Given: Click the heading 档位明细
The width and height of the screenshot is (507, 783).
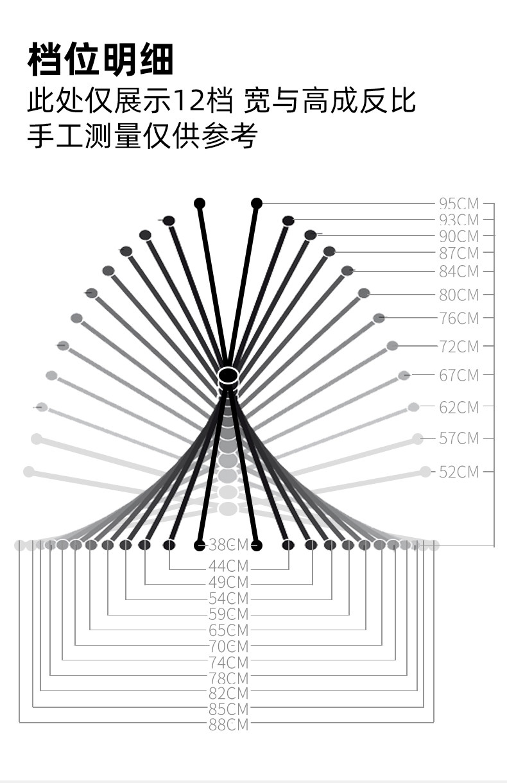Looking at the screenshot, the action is (x=101, y=60).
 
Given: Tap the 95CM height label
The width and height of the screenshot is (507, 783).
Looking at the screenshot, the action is (x=459, y=203).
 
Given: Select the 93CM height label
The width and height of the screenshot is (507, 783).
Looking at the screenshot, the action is (x=459, y=220).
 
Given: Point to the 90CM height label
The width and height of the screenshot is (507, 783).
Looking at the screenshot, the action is (x=459, y=236).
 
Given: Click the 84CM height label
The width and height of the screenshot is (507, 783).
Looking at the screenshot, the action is (x=459, y=271).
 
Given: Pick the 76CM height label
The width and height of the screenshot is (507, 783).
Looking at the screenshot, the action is (x=459, y=318).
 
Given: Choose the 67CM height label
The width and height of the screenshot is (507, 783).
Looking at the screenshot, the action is (x=459, y=375).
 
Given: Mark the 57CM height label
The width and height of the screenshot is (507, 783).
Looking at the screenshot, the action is (x=459, y=438).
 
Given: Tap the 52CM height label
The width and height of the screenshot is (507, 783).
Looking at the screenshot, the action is (x=459, y=472).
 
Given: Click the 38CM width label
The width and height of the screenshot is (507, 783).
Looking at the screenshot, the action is (x=228, y=546).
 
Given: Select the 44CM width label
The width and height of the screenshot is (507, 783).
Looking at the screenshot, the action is (x=228, y=567).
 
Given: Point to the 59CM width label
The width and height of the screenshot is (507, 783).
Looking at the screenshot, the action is (x=228, y=614).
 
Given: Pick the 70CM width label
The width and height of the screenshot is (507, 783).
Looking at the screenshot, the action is (x=228, y=646).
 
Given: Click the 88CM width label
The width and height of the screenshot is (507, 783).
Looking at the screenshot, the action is (x=228, y=725).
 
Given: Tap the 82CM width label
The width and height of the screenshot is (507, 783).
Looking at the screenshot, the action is (x=228, y=693).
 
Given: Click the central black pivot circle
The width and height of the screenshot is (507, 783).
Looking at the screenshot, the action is (x=228, y=374).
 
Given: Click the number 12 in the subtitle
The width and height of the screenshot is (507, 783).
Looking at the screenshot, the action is (x=188, y=101).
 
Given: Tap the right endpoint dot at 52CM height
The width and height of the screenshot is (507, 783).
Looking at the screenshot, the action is (x=425, y=472).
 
